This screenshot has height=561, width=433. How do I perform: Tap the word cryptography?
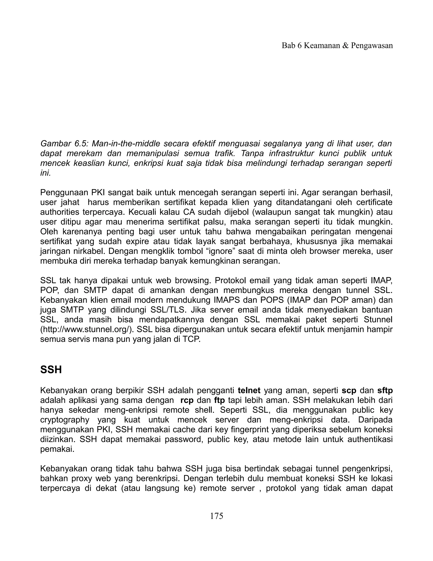point(65,420)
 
